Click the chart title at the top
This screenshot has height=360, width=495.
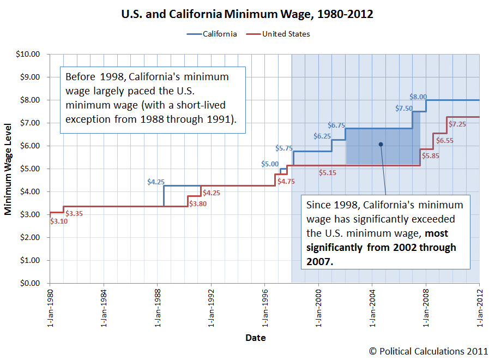pyautogui.click(x=247, y=14)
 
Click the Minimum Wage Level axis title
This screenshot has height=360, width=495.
pyautogui.click(x=9, y=169)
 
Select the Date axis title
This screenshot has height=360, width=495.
pyautogui.click(x=255, y=338)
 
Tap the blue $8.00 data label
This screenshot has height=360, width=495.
pyautogui.click(x=418, y=97)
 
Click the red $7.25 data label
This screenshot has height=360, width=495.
pyautogui.click(x=457, y=124)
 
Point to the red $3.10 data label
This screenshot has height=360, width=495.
pyautogui.click(x=58, y=221)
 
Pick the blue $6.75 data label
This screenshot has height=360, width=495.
pyautogui.click(x=337, y=125)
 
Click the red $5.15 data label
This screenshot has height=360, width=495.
pyautogui.click(x=328, y=173)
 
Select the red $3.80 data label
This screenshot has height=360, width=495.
pyautogui.click(x=197, y=204)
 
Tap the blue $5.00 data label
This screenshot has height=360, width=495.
pyautogui.click(x=270, y=164)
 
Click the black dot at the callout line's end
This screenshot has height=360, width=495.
pyautogui.click(x=381, y=145)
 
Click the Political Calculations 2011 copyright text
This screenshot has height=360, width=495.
pyautogui.click(x=428, y=351)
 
